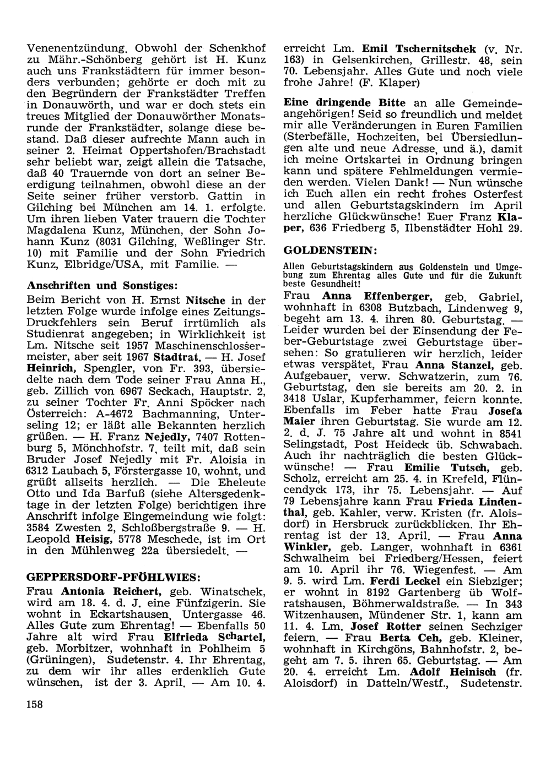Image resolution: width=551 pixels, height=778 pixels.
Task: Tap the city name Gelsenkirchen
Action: [334, 59]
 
